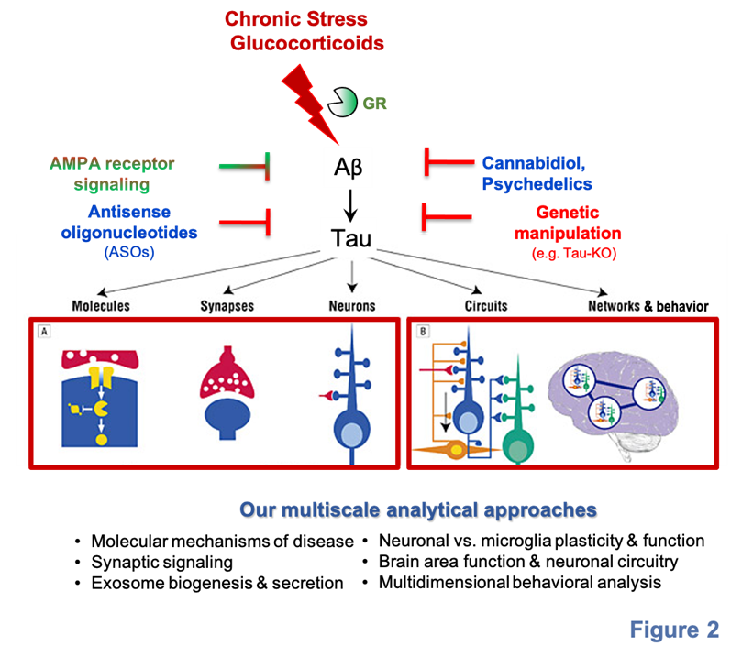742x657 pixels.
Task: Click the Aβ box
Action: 348,167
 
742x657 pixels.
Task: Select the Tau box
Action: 351,238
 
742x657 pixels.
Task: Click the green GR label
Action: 374,104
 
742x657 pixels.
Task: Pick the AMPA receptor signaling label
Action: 112,174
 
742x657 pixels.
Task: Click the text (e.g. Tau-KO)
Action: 573,252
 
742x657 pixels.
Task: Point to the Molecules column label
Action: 101,306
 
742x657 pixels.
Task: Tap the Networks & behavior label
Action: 648,306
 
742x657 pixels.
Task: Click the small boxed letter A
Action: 43,331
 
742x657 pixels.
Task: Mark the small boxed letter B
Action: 422,331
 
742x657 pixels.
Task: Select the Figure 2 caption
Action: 673,630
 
